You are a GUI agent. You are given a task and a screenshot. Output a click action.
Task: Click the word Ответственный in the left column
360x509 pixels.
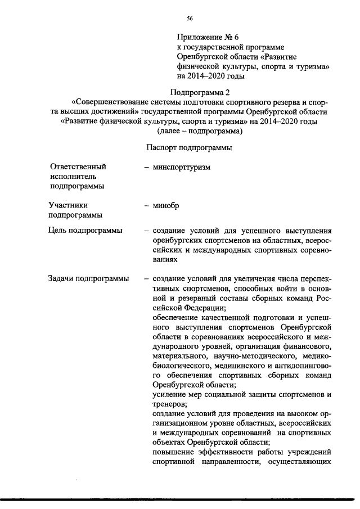(x=78, y=167)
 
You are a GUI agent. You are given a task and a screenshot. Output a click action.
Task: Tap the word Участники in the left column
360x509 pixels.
(x=69, y=205)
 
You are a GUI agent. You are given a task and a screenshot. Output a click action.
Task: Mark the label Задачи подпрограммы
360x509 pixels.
(x=88, y=279)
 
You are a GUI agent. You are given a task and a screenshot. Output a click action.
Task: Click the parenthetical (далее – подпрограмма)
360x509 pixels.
(x=200, y=131)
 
